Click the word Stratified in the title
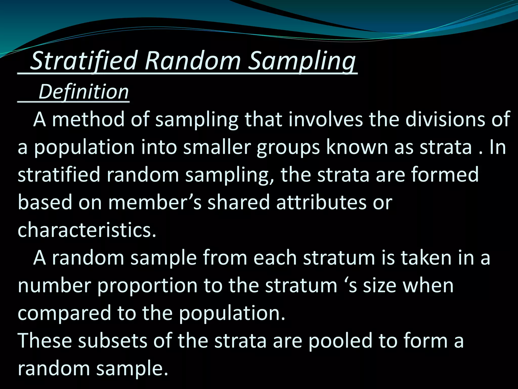[x=83, y=61]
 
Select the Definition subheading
[x=83, y=92]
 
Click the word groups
[x=288, y=148]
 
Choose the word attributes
[x=321, y=203]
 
